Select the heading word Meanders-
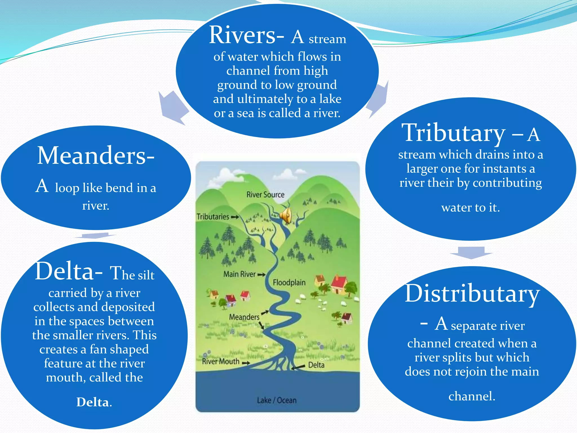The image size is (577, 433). tap(96, 156)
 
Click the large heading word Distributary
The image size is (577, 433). tap(472, 294)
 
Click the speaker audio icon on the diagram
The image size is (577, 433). tap(286, 216)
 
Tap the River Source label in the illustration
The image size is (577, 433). tap(265, 195)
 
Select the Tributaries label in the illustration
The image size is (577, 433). tap(213, 217)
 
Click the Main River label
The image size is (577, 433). tap(239, 274)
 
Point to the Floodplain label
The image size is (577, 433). tap(289, 282)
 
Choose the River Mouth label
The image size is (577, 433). tap(221, 361)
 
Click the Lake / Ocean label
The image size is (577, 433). tap(277, 400)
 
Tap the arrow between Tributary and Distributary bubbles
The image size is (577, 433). tap(471, 252)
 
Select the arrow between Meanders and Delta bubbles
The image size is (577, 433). tap(95, 235)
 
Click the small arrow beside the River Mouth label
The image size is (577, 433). tap(245, 363)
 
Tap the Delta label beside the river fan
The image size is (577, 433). tap(316, 365)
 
